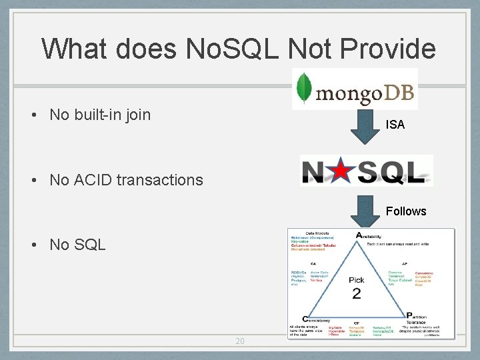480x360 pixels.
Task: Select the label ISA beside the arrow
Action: coord(395,125)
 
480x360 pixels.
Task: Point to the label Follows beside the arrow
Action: coord(405,211)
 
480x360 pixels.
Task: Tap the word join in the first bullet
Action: coord(137,115)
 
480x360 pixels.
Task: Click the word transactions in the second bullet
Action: coord(167,179)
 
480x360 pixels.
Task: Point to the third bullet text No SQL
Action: coord(77,245)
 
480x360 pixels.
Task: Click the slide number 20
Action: coord(240,341)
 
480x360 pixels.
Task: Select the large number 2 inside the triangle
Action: coord(357,293)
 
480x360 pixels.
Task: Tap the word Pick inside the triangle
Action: coord(357,280)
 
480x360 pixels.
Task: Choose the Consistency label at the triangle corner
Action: coord(316,319)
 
